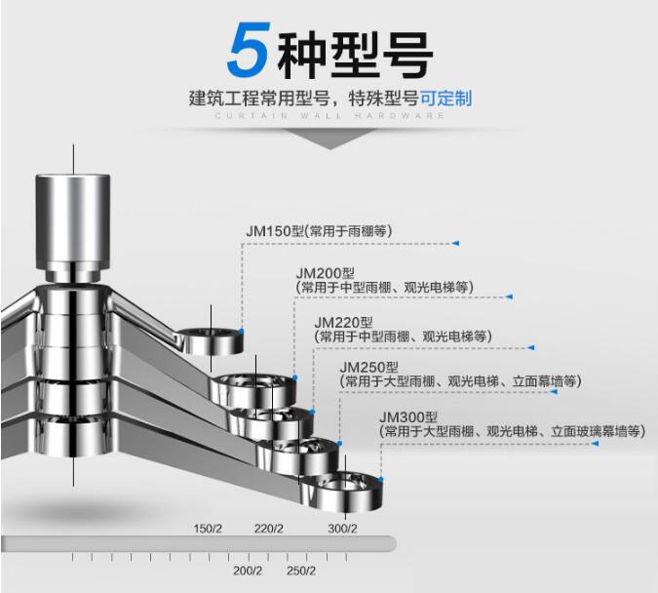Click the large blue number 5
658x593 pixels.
(248, 52)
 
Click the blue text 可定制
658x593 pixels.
(446, 98)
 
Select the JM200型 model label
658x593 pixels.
(325, 273)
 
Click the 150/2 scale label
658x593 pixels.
(209, 530)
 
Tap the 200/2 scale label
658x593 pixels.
(248, 571)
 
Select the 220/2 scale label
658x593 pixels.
(269, 530)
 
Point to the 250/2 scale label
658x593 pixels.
(301, 571)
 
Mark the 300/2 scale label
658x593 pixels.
(342, 530)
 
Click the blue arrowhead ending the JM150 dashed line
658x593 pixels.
(454, 242)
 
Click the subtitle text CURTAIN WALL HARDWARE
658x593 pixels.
(330, 116)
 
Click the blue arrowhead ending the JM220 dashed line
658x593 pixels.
(532, 346)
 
